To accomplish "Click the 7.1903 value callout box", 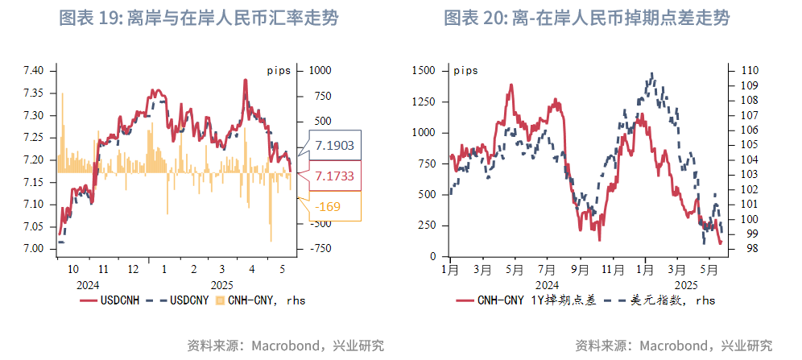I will (333, 146).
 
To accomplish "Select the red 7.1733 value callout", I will (333, 176).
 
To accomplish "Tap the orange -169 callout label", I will (330, 207).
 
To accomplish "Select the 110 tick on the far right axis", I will (748, 71).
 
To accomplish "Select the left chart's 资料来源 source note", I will (285, 346).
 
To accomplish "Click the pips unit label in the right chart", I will (466, 70).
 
